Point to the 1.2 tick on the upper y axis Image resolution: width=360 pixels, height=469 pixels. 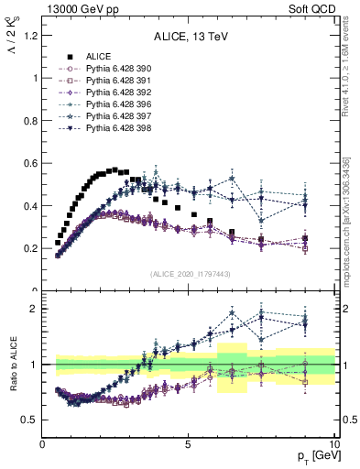[x=29, y=36]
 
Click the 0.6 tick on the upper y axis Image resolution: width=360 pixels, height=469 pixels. [x=29, y=163]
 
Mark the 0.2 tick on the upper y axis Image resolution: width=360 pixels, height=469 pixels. [x=29, y=248]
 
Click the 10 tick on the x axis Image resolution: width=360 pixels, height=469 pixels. [x=334, y=443]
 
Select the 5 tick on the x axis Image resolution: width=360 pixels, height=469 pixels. [x=189, y=443]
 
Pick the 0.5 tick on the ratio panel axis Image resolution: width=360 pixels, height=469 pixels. [x=29, y=420]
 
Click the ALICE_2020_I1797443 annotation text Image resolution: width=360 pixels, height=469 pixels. [x=190, y=274]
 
